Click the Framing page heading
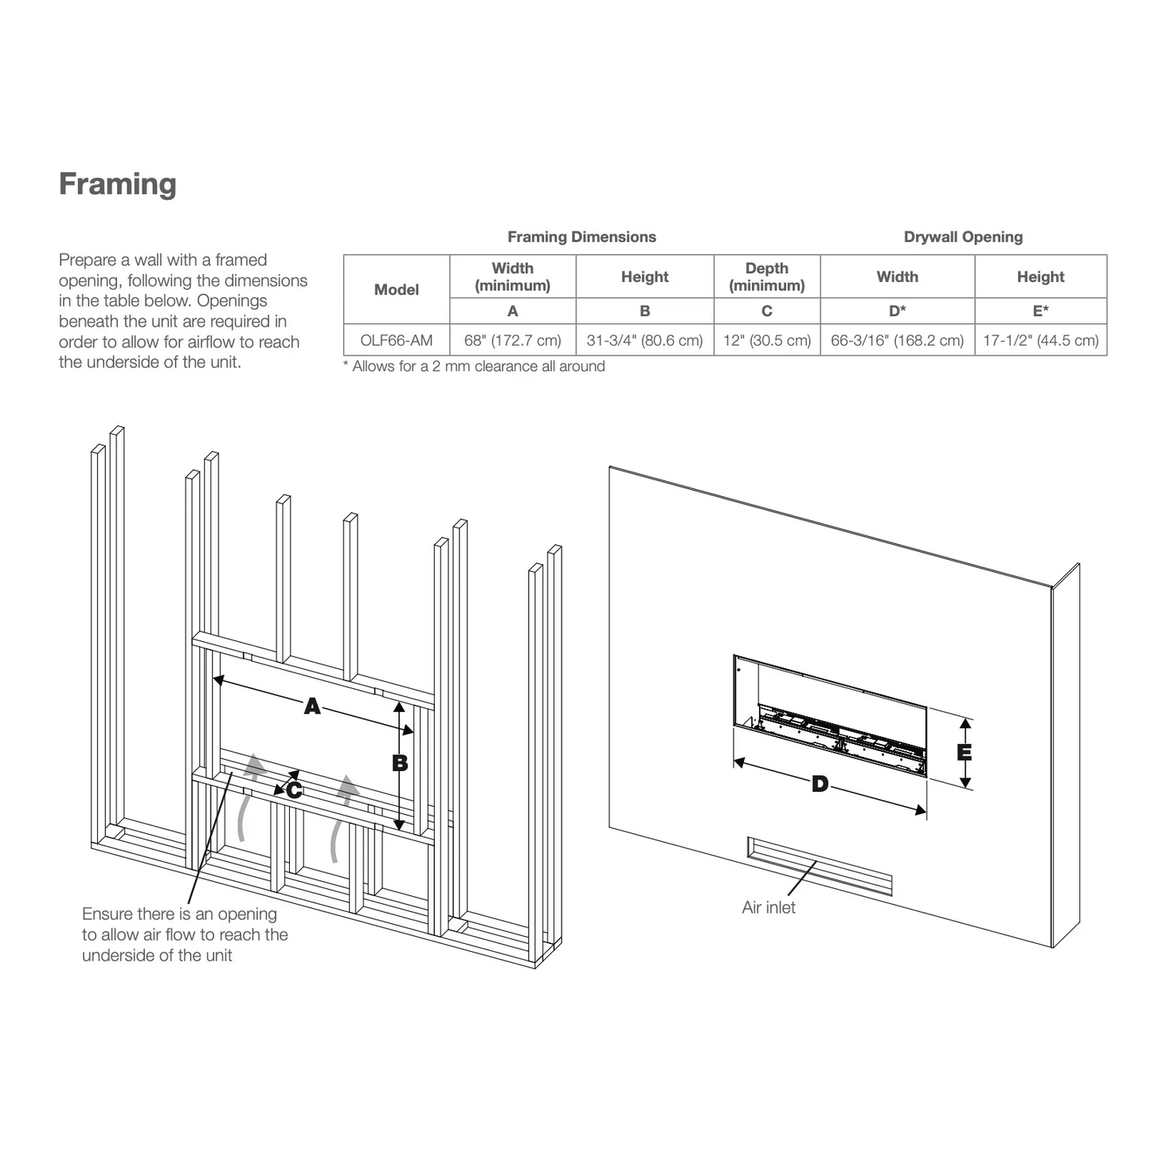118,184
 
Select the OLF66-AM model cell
396,341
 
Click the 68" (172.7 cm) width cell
512,341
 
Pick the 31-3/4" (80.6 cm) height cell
644,341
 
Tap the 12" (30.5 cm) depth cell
766,341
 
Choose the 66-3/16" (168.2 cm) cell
897,341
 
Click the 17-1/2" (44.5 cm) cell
1040,341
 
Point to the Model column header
396,290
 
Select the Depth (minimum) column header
766,276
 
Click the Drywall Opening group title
962,237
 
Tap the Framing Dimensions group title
581,237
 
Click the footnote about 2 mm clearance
474,366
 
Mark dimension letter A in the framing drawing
312,706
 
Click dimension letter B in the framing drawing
400,763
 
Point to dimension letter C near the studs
294,790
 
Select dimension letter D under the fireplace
820,785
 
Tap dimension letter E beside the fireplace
964,752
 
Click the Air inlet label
768,907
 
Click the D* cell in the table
897,311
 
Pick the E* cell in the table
1040,311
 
